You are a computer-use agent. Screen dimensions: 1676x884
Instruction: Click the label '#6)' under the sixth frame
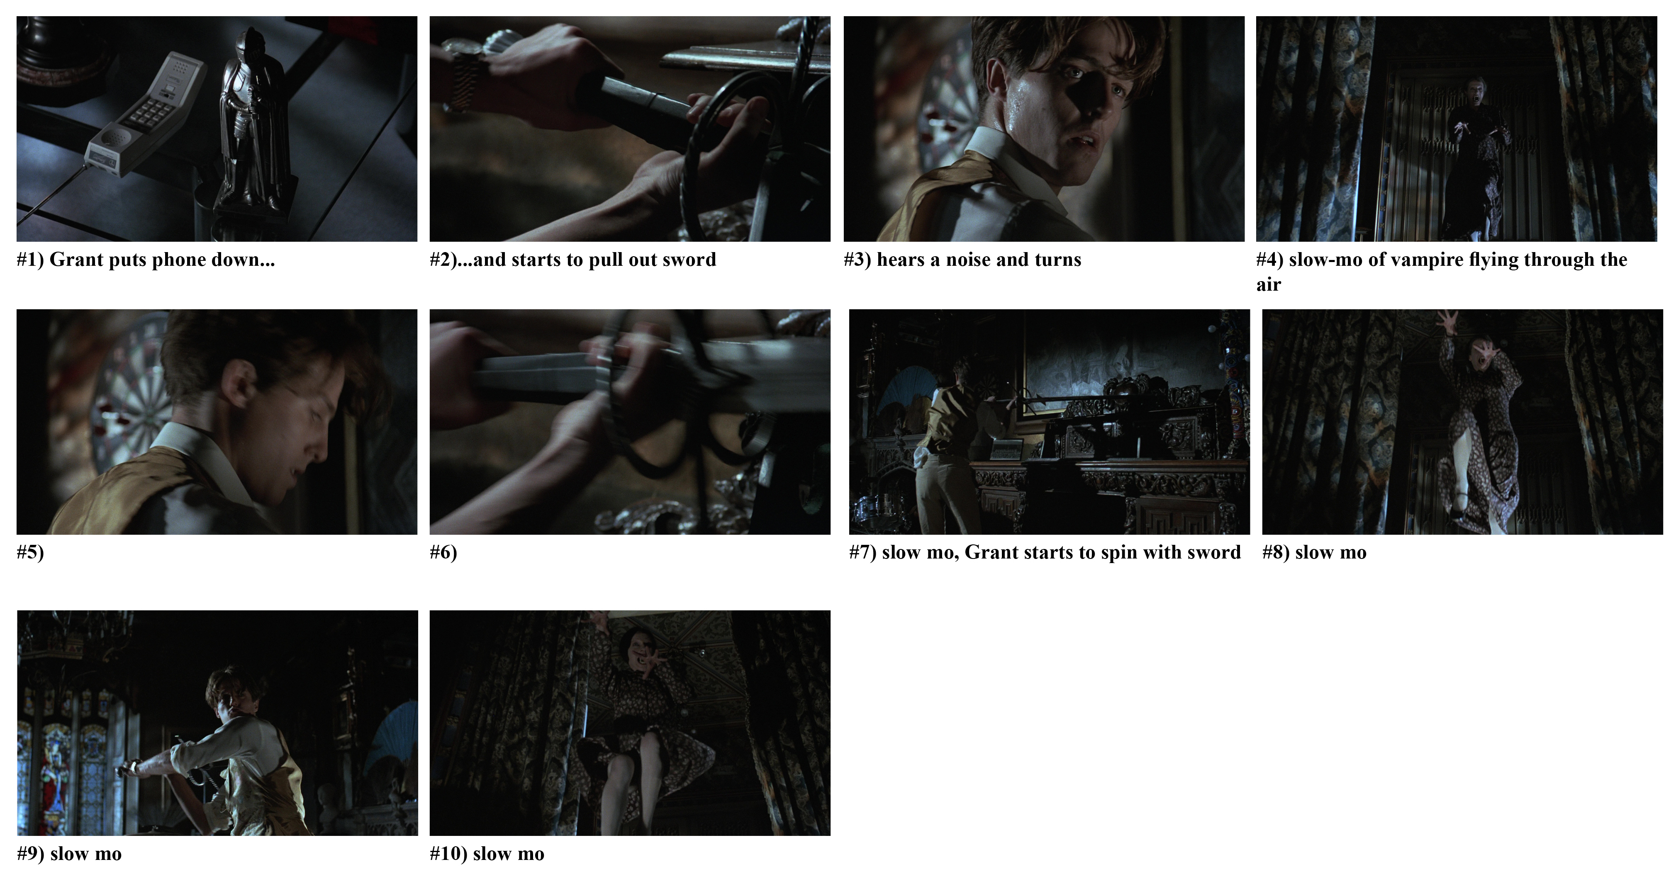point(443,553)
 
